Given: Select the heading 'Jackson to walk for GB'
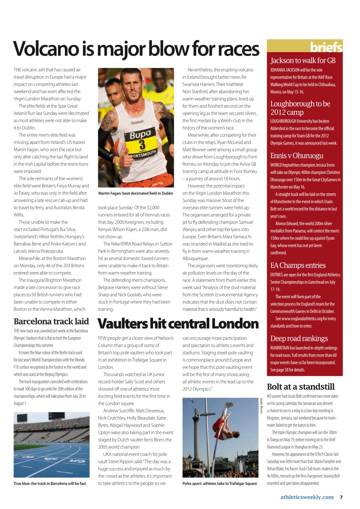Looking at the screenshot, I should [303, 61].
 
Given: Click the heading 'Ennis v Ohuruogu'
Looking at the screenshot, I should [297, 155].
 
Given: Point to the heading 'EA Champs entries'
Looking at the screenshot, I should [298, 265].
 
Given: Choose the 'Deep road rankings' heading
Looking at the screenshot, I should [299, 338].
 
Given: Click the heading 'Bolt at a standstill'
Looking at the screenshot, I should [300, 387].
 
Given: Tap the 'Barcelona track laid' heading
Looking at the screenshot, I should [51, 321].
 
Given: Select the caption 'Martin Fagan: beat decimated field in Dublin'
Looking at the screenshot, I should [136, 193].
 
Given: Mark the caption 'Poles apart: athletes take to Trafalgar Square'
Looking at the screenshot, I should [220, 484].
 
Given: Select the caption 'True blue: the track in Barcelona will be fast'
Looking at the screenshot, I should [50, 484].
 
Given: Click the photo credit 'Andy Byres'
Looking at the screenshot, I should [261, 406].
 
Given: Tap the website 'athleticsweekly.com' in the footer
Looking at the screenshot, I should [307, 497].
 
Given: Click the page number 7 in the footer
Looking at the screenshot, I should [341, 497].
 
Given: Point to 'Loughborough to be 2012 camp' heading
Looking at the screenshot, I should [300, 108].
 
